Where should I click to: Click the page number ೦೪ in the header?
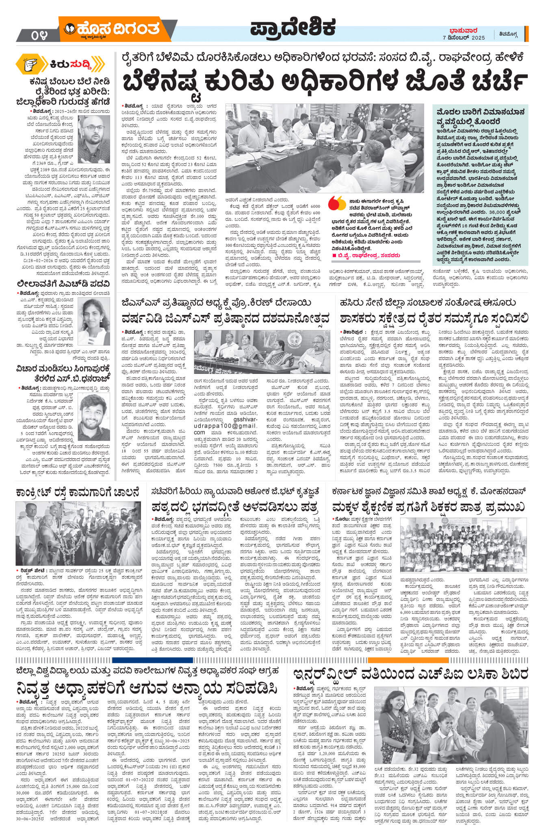(x=39, y=36)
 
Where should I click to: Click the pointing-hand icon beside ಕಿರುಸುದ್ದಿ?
(x=31, y=64)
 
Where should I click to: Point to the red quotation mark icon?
(x=336, y=203)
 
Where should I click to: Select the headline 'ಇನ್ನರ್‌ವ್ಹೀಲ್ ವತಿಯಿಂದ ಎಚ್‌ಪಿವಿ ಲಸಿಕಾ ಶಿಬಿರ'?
(x=411, y=674)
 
